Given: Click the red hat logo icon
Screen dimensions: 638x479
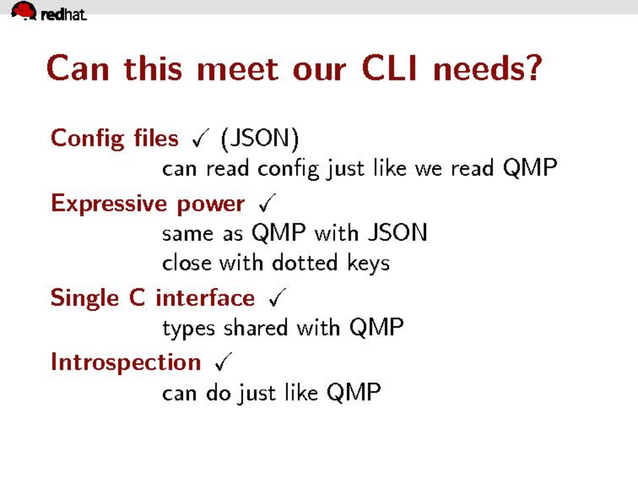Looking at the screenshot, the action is (24, 11).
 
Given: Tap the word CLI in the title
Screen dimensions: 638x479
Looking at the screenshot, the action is (390, 68).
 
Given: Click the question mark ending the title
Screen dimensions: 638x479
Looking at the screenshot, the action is (532, 68).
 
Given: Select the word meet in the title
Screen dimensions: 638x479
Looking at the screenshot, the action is (238, 69).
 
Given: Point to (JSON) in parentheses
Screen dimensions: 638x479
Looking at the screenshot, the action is (260, 139).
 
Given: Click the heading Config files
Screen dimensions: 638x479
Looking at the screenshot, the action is (115, 139).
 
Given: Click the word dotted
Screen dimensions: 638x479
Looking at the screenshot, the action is (305, 263).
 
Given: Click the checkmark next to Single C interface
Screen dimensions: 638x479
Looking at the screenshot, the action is (277, 297).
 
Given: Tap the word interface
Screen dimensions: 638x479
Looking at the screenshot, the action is (205, 298).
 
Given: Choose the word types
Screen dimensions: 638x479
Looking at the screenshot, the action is (188, 329).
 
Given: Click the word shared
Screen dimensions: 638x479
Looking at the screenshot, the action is (256, 327).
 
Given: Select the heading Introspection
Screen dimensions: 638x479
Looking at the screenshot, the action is (126, 363).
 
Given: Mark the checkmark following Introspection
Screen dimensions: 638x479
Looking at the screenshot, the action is (224, 361).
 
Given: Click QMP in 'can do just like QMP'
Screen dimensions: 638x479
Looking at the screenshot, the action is (354, 393).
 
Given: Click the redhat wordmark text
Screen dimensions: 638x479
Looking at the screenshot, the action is (64, 15).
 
